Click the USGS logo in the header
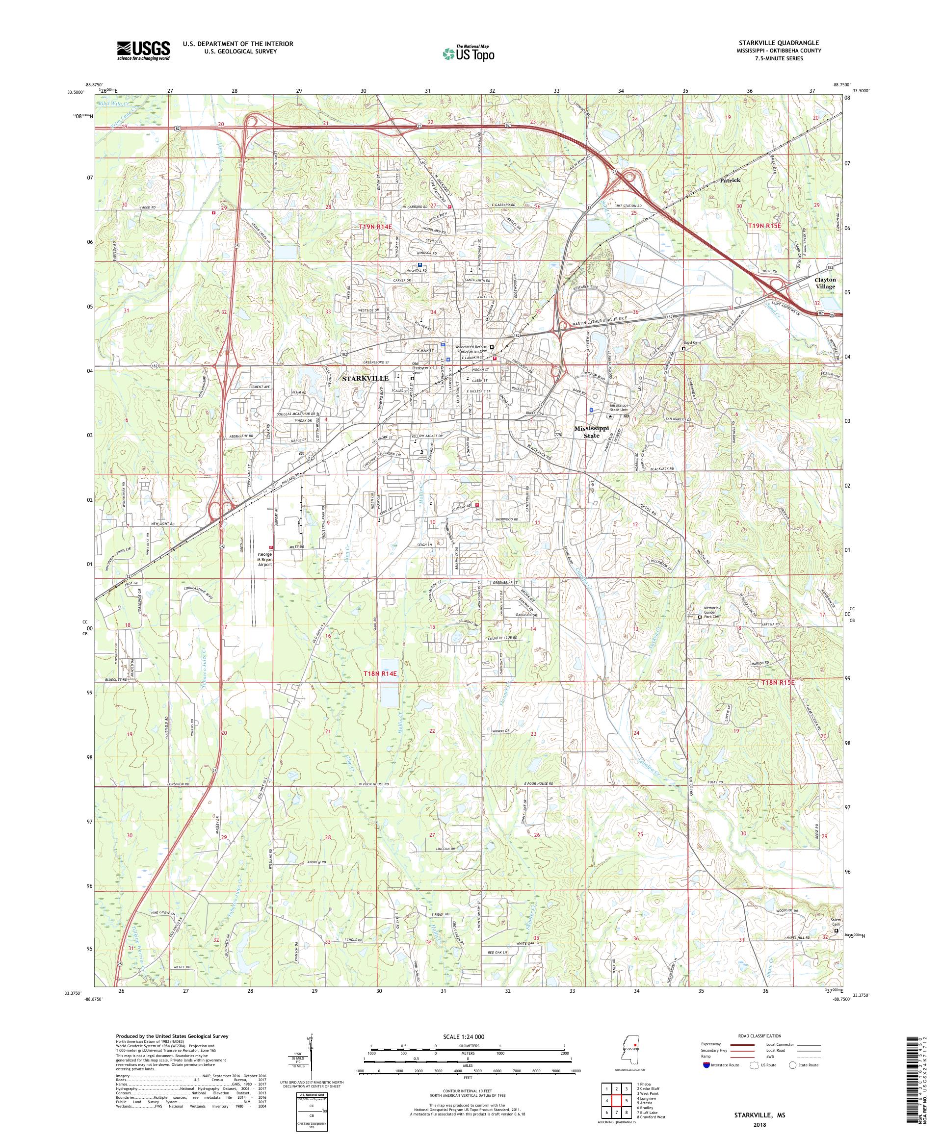(143, 51)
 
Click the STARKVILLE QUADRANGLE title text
(782, 43)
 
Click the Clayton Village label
(825, 283)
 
